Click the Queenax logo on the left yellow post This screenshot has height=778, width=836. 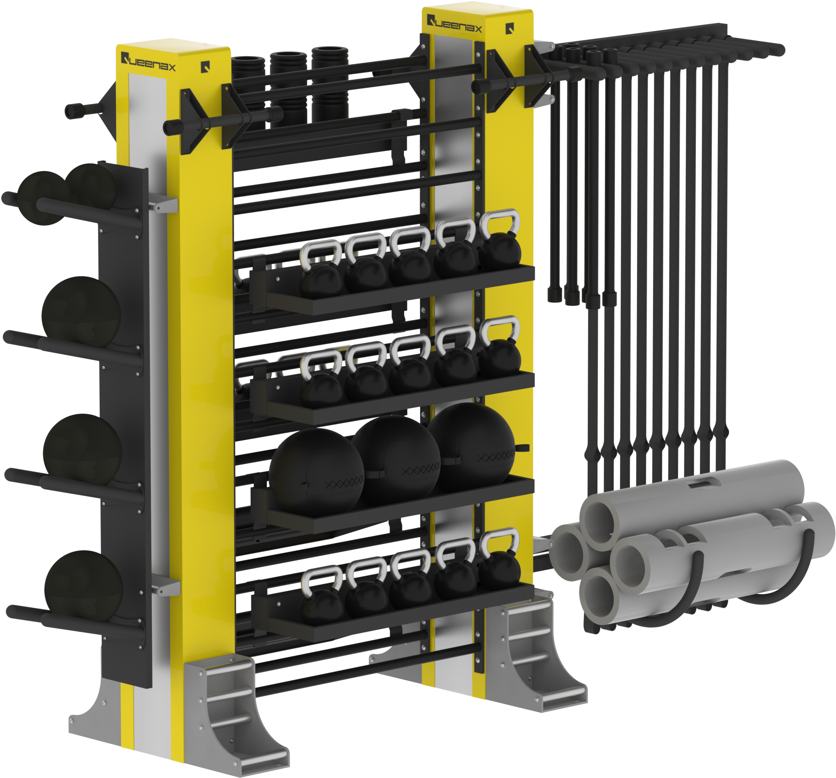pos(148,62)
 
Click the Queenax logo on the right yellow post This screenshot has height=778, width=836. pos(454,23)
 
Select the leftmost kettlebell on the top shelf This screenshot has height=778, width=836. pos(321,269)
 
